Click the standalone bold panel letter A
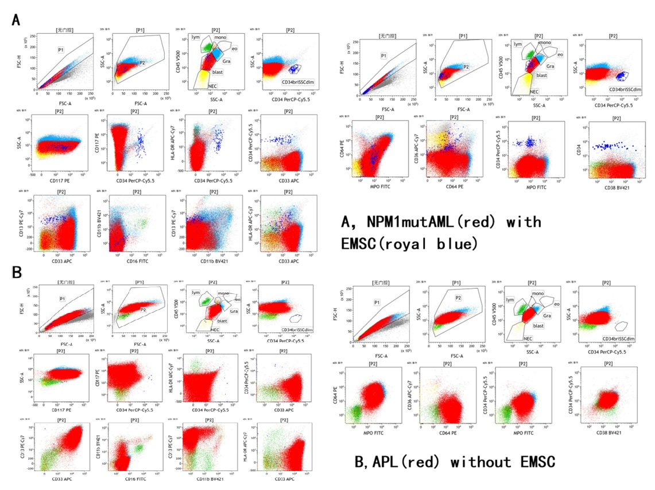pyautogui.click(x=17, y=19)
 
